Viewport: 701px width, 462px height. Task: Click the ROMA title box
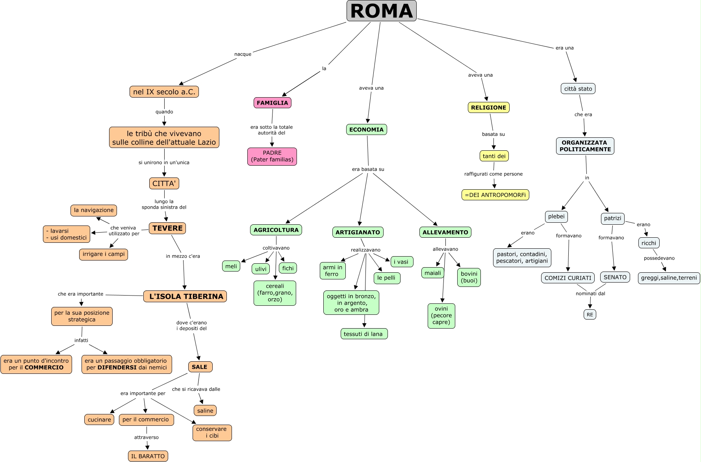[x=381, y=11]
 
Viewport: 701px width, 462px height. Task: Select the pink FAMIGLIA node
[x=272, y=103]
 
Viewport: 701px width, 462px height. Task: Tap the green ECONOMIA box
[x=366, y=129]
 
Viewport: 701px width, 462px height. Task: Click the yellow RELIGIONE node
[x=488, y=107]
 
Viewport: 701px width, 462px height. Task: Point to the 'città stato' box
[x=578, y=89]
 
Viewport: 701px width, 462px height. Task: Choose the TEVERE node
[x=167, y=228]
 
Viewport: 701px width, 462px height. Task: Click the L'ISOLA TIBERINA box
[x=185, y=296]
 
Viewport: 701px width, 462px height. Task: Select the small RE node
[x=590, y=314]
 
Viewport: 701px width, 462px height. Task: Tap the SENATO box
[x=615, y=277]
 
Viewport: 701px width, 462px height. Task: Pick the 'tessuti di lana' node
[x=363, y=334]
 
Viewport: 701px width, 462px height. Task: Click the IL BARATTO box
[x=148, y=456]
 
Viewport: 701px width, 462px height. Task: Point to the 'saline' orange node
[x=205, y=410]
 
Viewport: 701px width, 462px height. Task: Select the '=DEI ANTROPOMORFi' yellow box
[x=495, y=195]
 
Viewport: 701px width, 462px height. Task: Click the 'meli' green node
[x=231, y=266]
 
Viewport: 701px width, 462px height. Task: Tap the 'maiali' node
[x=433, y=273]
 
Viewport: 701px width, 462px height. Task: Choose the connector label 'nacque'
[x=243, y=54]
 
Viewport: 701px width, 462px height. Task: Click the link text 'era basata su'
[x=368, y=169]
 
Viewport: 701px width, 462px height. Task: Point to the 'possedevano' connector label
[x=659, y=258]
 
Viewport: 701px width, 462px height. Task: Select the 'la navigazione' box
[x=94, y=210]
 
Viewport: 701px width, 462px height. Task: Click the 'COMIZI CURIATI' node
[x=568, y=278]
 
